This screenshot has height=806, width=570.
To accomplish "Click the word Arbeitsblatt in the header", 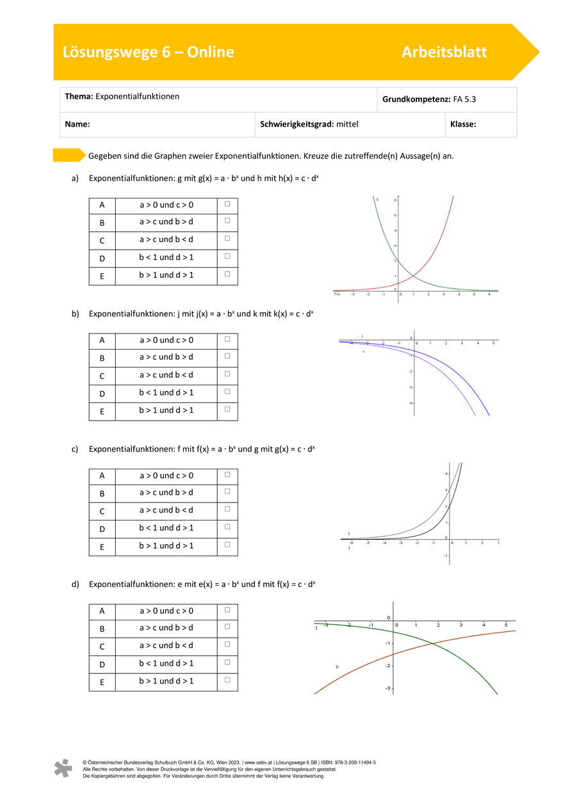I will point(444,52).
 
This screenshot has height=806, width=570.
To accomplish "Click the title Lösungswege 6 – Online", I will point(149,52).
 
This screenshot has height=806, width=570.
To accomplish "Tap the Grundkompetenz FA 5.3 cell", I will point(446,100).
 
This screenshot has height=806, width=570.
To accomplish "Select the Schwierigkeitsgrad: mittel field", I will point(309,125).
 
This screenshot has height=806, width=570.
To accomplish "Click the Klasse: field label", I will point(463,125).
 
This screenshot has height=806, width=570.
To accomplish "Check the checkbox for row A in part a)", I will point(227,204).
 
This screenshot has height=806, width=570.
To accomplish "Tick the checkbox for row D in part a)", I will point(227,257).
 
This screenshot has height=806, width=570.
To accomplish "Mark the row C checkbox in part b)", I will point(227,374).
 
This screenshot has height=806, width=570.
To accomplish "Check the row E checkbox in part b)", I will point(227,409).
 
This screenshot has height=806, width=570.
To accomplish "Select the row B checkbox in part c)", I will point(227,492).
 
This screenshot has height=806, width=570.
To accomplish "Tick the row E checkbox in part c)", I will point(227,545).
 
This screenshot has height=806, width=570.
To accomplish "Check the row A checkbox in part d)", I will point(227,610).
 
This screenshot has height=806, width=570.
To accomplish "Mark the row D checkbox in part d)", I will point(227,663).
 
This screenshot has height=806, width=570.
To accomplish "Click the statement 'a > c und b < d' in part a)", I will point(167,239).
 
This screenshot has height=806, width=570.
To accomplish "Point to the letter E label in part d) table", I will point(102,682).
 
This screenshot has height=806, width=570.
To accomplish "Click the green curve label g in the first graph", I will point(377,200).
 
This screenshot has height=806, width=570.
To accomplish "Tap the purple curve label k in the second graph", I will point(364,351).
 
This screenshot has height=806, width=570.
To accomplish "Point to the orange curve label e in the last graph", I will point(337,667).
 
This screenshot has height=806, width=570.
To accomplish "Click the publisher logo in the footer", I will point(63,768).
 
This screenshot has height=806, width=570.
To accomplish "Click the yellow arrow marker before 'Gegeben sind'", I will point(69,155).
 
